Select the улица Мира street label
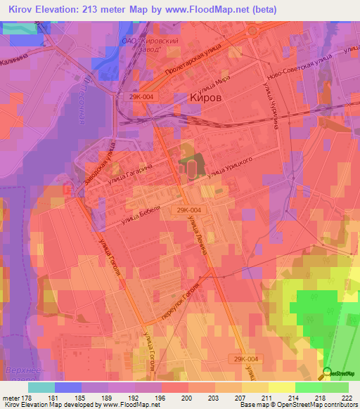click(215, 86)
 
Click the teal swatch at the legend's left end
click(41, 387)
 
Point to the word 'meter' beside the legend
click(11, 398)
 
